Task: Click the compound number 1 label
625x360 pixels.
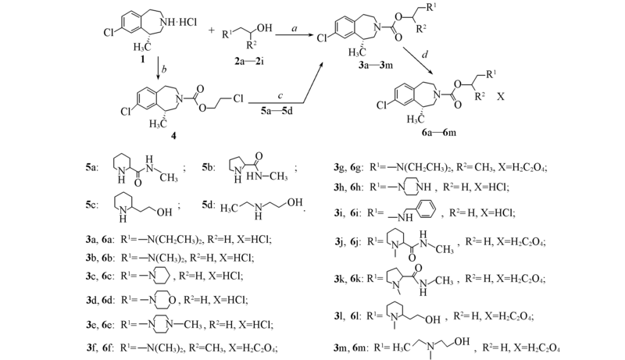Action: point(143,59)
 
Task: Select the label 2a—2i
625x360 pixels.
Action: point(249,62)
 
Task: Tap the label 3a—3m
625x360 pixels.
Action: point(375,65)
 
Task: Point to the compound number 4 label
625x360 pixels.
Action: point(173,136)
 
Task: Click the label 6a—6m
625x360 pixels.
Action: point(438,132)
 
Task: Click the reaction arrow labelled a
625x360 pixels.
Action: point(295,35)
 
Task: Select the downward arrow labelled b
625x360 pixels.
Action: point(159,69)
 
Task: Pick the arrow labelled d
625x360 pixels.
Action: point(419,60)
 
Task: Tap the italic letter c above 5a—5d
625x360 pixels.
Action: point(280,95)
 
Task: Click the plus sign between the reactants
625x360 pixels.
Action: point(211,30)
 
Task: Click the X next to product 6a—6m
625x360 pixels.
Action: point(500,96)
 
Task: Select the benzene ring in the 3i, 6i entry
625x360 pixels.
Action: point(425,209)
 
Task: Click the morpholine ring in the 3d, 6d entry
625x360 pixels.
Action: point(163,299)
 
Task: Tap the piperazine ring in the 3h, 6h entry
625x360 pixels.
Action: point(418,187)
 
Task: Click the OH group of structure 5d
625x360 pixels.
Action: point(295,203)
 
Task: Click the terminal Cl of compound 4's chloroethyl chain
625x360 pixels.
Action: point(238,98)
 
